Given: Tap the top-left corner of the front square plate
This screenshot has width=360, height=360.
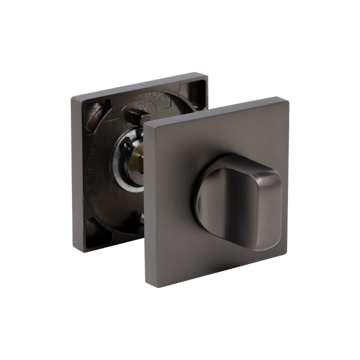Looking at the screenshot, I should (x=147, y=125).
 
